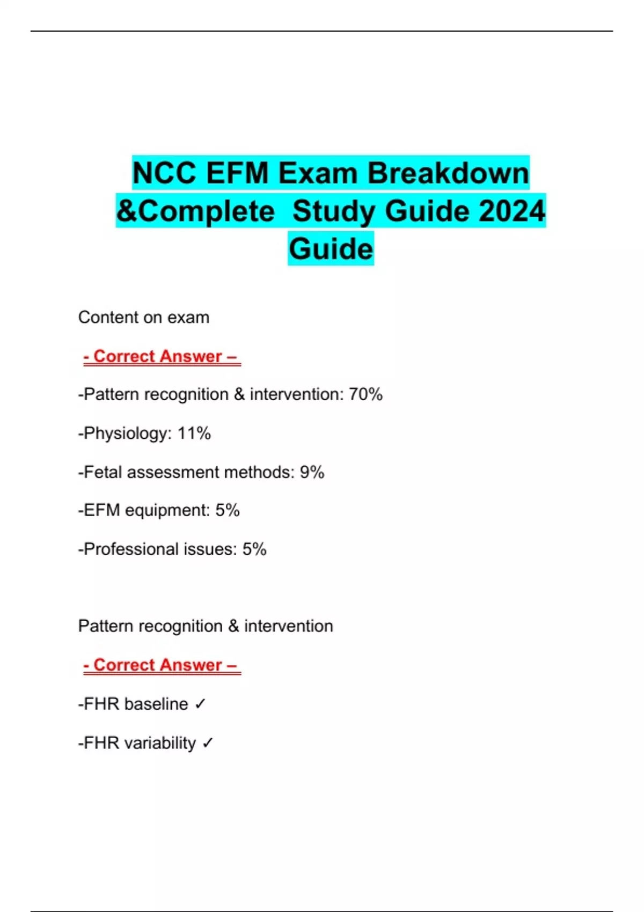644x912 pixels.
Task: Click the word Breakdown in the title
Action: (448, 173)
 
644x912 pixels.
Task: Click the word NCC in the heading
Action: (164, 173)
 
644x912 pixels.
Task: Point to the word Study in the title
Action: (335, 211)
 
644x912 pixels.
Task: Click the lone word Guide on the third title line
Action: (331, 249)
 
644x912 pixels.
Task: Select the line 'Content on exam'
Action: (144, 318)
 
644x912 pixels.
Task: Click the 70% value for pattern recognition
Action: (365, 394)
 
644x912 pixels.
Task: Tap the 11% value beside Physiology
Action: (194, 433)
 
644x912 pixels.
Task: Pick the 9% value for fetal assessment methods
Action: (312, 472)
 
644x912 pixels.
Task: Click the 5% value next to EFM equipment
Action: (228, 510)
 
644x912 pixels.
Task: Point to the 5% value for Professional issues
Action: (254, 549)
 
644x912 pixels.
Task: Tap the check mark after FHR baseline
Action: (200, 704)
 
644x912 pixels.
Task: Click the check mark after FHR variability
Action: (208, 743)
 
